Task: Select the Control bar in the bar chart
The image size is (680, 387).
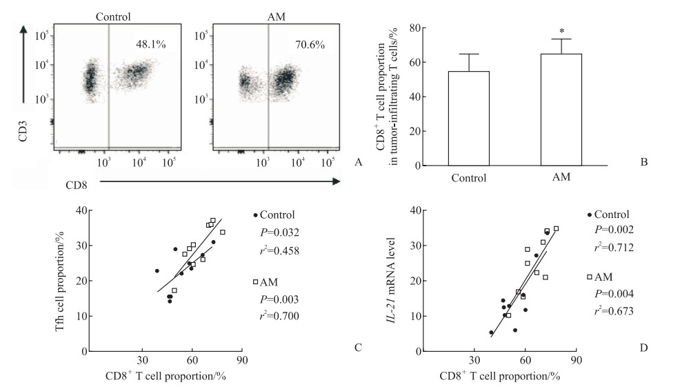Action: (x=469, y=118)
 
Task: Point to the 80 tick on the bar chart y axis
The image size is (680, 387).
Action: (x=416, y=28)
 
